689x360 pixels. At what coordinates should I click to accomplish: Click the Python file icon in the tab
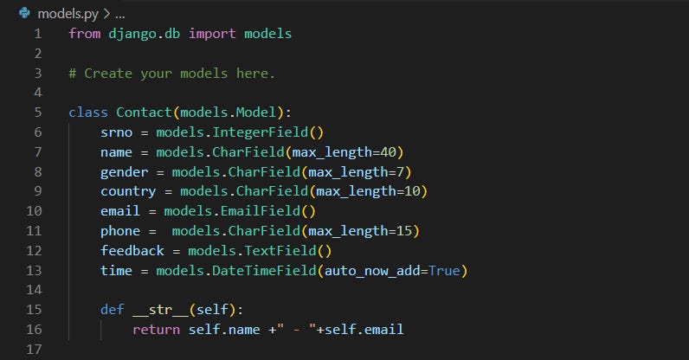[x=23, y=14]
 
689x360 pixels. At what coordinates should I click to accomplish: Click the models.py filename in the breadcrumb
[x=68, y=14]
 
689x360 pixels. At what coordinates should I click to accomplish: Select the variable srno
[x=116, y=132]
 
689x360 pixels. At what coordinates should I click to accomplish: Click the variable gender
[x=124, y=172]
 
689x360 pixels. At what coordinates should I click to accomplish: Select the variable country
[x=127, y=191]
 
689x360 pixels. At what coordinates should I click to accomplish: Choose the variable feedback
[x=132, y=251]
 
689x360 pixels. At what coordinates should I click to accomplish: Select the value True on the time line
[x=444, y=271]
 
